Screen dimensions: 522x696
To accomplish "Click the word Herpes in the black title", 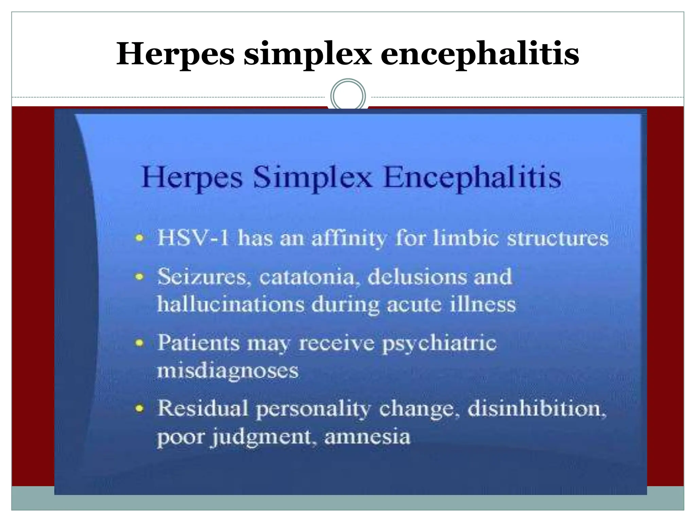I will click(175, 54).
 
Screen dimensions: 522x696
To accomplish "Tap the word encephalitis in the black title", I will click(480, 54).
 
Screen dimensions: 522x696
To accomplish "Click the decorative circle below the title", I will click(348, 96).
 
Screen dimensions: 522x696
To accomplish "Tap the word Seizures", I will click(203, 277).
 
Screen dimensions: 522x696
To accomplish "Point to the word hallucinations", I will click(230, 304).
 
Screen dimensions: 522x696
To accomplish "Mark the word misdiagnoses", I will click(228, 370).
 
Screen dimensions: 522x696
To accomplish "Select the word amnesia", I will click(367, 437).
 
